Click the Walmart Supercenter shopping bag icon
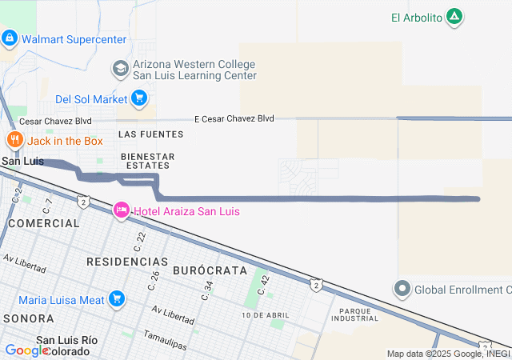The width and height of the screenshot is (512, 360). pyautogui.click(x=10, y=38)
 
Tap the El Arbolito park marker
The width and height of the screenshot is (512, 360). pyautogui.click(x=454, y=17)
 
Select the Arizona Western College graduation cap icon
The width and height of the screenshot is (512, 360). pyautogui.click(x=121, y=69)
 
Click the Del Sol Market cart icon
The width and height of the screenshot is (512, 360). pyautogui.click(x=140, y=99)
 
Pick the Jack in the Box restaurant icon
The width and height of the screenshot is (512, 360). pyautogui.click(x=14, y=141)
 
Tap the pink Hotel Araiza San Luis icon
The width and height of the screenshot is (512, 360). pyautogui.click(x=121, y=210)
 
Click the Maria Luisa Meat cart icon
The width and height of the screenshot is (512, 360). pyautogui.click(x=118, y=299)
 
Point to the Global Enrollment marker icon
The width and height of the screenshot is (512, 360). pyautogui.click(x=402, y=288)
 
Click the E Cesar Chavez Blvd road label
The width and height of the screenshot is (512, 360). pyautogui.click(x=234, y=118)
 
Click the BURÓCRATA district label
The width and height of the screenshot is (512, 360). pyautogui.click(x=210, y=270)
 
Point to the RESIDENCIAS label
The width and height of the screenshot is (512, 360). pyautogui.click(x=127, y=262)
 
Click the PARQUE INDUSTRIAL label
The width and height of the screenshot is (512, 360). pyautogui.click(x=358, y=314)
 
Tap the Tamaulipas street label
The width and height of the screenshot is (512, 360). pyautogui.click(x=165, y=339)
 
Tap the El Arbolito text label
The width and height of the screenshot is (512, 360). pyautogui.click(x=417, y=18)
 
